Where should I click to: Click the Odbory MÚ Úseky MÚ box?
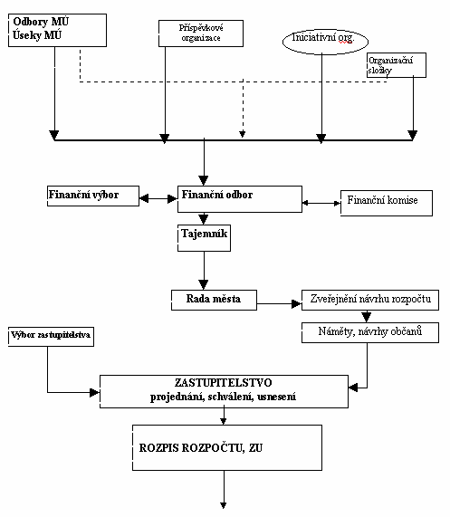(57, 31)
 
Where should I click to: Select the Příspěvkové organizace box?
(201, 34)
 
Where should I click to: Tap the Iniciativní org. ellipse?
(325, 42)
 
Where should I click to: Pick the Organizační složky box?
(397, 65)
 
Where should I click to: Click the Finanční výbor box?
(93, 196)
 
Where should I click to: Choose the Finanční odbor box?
(240, 199)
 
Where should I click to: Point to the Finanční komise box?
(387, 203)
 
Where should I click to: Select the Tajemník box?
(204, 238)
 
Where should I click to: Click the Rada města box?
(214, 300)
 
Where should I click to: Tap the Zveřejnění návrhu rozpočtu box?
(370, 300)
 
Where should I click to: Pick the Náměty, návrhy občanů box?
(370, 332)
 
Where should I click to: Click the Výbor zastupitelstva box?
(51, 337)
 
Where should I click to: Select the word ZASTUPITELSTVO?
(223, 383)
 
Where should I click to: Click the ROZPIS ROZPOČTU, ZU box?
(227, 447)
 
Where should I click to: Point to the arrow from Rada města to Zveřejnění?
(279, 303)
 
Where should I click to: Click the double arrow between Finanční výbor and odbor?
(158, 198)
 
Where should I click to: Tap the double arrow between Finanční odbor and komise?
(321, 203)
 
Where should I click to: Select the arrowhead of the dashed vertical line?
(243, 134)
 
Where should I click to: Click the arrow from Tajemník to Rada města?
(204, 271)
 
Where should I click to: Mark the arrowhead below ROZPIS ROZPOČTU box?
(224, 505)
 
